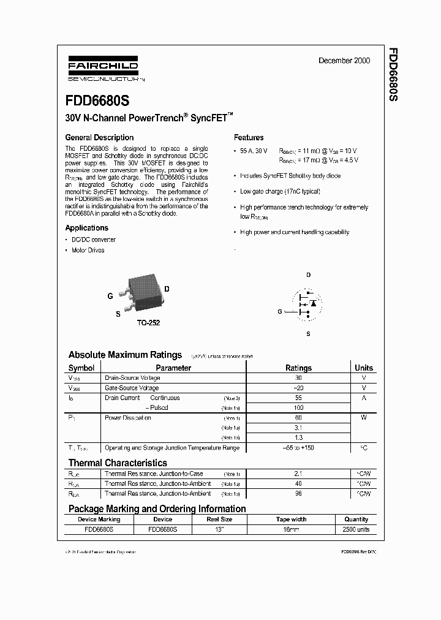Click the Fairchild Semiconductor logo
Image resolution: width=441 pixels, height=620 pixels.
click(102, 69)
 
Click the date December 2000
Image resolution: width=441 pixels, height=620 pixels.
click(344, 61)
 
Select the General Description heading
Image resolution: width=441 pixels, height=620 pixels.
click(99, 138)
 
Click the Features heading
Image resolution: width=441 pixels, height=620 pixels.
click(249, 138)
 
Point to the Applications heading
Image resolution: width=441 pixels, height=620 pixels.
click(86, 228)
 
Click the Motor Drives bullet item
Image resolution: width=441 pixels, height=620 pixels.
click(88, 250)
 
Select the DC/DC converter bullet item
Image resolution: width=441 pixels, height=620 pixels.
click(93, 240)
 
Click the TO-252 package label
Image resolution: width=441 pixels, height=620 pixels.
click(148, 323)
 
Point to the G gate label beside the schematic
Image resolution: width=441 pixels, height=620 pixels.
click(280, 312)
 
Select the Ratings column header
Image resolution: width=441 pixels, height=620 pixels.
click(298, 368)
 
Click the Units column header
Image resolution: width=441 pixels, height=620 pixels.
click(364, 368)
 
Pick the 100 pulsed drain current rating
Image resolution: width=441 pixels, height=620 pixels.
click(298, 407)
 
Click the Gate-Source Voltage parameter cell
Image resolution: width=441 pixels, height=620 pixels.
click(132, 388)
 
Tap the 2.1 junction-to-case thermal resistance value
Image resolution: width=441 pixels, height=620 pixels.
click(298, 474)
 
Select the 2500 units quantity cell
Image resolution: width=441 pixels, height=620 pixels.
click(356, 529)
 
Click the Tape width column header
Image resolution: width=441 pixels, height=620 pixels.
click(292, 519)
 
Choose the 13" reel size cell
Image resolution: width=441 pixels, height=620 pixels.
click(218, 529)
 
